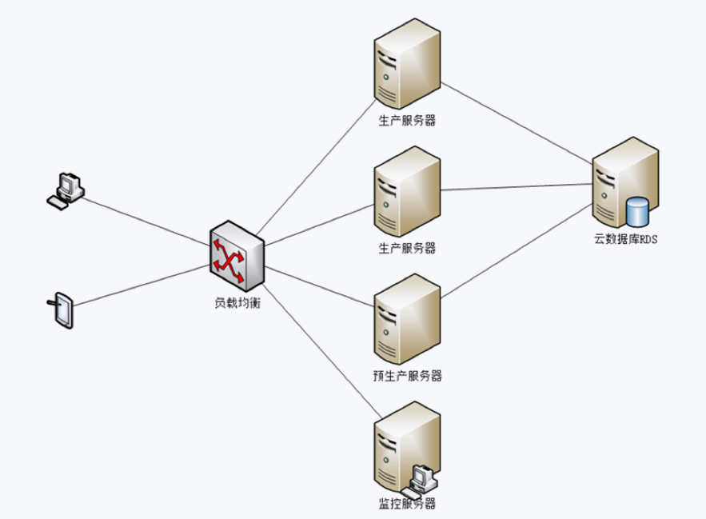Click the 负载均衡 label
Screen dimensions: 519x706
tap(237, 302)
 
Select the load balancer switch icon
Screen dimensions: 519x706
tap(237, 258)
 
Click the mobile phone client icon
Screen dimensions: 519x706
tap(62, 309)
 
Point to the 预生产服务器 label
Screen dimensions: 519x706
tap(407, 376)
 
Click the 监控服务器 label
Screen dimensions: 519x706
tap(407, 504)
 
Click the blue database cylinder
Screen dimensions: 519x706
tap(637, 211)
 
